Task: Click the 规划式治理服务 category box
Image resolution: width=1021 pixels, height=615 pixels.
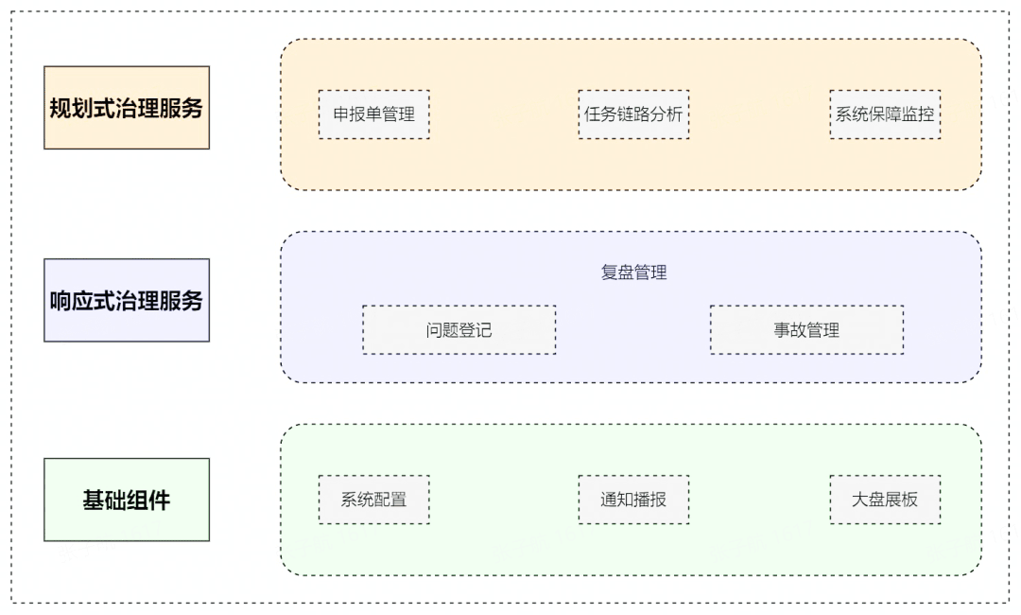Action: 127,108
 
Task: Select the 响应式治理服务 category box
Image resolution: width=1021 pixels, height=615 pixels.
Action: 127,300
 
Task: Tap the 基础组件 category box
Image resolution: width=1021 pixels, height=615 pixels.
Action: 127,500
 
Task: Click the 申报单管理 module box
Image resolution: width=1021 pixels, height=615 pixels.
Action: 373,114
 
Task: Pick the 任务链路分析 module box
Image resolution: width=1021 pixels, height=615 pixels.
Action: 633,114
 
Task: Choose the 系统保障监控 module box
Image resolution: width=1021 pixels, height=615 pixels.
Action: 885,114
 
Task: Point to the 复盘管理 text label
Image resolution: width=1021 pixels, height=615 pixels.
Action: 633,272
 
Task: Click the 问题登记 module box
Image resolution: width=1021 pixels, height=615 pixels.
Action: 459,330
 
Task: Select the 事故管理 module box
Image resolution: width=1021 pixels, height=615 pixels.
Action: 806,330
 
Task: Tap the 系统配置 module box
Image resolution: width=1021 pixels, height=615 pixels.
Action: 373,500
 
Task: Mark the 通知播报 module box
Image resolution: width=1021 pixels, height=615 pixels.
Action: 633,500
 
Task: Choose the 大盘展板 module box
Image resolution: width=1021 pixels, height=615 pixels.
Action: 885,500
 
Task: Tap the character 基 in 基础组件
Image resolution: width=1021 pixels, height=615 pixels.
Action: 94,501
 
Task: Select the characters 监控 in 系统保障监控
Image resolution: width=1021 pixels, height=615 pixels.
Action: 918,114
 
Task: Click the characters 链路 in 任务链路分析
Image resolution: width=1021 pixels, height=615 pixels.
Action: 633,114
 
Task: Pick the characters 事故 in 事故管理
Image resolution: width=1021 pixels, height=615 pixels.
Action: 790,330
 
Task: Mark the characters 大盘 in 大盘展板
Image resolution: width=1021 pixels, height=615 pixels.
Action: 869,500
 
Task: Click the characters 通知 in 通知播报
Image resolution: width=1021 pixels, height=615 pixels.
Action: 617,500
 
